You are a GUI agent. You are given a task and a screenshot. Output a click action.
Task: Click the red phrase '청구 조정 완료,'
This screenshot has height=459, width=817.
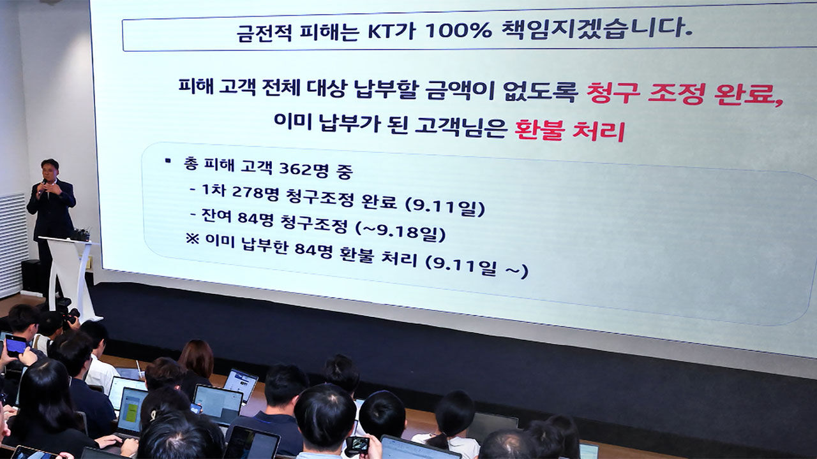pyautogui.click(x=685, y=94)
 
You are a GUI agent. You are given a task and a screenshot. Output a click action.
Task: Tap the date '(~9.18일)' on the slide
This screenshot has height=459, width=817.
pyautogui.click(x=400, y=230)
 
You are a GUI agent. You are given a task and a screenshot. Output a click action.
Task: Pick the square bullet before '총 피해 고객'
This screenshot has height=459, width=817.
pyautogui.click(x=168, y=160)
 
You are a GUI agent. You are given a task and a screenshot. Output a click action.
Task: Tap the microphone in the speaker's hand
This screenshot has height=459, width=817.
pyautogui.click(x=43, y=185)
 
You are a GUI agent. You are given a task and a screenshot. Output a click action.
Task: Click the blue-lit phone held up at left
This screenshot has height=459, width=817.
pyautogui.click(x=16, y=346)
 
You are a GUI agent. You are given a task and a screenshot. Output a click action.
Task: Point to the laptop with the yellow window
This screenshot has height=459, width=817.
pyautogui.click(x=131, y=411)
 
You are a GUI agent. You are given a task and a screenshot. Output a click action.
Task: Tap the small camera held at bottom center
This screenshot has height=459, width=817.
pyautogui.click(x=357, y=445)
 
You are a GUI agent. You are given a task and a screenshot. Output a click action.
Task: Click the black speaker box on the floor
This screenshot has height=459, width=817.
pyautogui.click(x=31, y=276)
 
